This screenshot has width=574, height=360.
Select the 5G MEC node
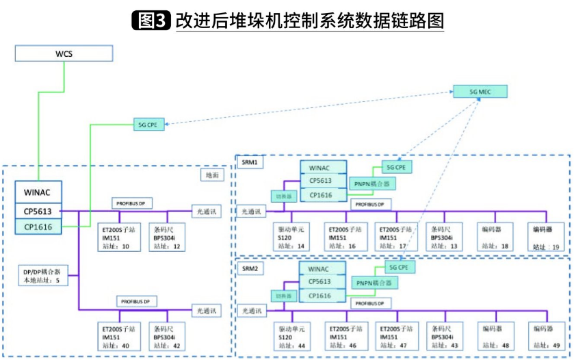(x=480, y=90)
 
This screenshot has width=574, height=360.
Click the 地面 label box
(x=213, y=176)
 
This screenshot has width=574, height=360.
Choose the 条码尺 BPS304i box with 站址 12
(x=167, y=237)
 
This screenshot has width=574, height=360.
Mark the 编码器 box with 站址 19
(x=548, y=237)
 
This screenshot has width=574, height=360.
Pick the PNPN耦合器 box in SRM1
(x=373, y=183)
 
